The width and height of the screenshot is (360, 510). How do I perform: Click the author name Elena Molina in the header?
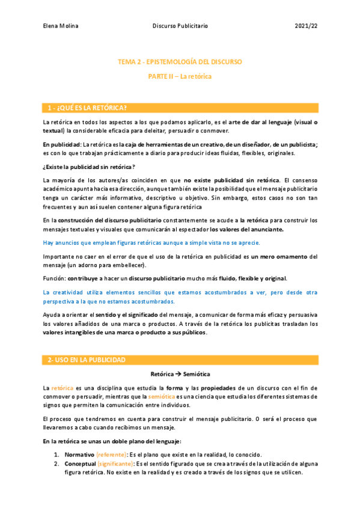click(x=62, y=26)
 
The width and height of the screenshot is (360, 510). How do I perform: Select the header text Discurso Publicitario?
click(x=181, y=26)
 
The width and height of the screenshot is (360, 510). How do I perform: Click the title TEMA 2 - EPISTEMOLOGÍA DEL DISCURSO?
click(x=180, y=62)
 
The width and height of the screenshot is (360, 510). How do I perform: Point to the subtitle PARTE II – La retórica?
click(x=180, y=77)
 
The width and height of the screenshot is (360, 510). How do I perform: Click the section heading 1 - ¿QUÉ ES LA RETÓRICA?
click(x=87, y=108)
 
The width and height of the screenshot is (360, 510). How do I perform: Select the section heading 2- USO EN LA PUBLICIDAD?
click(x=87, y=360)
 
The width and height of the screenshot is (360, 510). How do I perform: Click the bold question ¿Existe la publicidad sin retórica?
click(x=88, y=167)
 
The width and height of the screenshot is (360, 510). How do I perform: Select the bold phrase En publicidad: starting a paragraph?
click(x=62, y=144)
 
